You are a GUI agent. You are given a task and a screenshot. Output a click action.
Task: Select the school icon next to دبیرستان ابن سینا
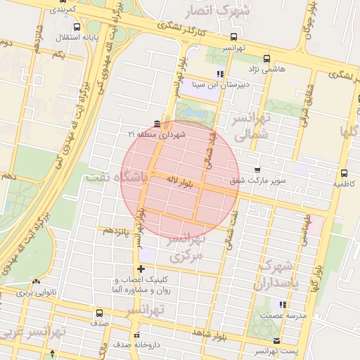coord(220,73)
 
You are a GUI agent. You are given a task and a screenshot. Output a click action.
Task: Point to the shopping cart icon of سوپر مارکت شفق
coord(257,169)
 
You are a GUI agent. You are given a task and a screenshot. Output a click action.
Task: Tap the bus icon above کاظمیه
coord(344,172)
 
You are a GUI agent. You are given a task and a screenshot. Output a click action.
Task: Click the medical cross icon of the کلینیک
coord(141,268)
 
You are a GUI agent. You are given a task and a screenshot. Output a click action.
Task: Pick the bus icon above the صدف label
coord(98,313)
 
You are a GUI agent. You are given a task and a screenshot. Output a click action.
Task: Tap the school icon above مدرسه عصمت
coord(283,304)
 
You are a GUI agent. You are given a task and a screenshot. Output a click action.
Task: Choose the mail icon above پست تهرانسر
coord(277,340)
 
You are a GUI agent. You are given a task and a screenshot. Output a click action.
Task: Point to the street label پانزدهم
coord(116,230)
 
